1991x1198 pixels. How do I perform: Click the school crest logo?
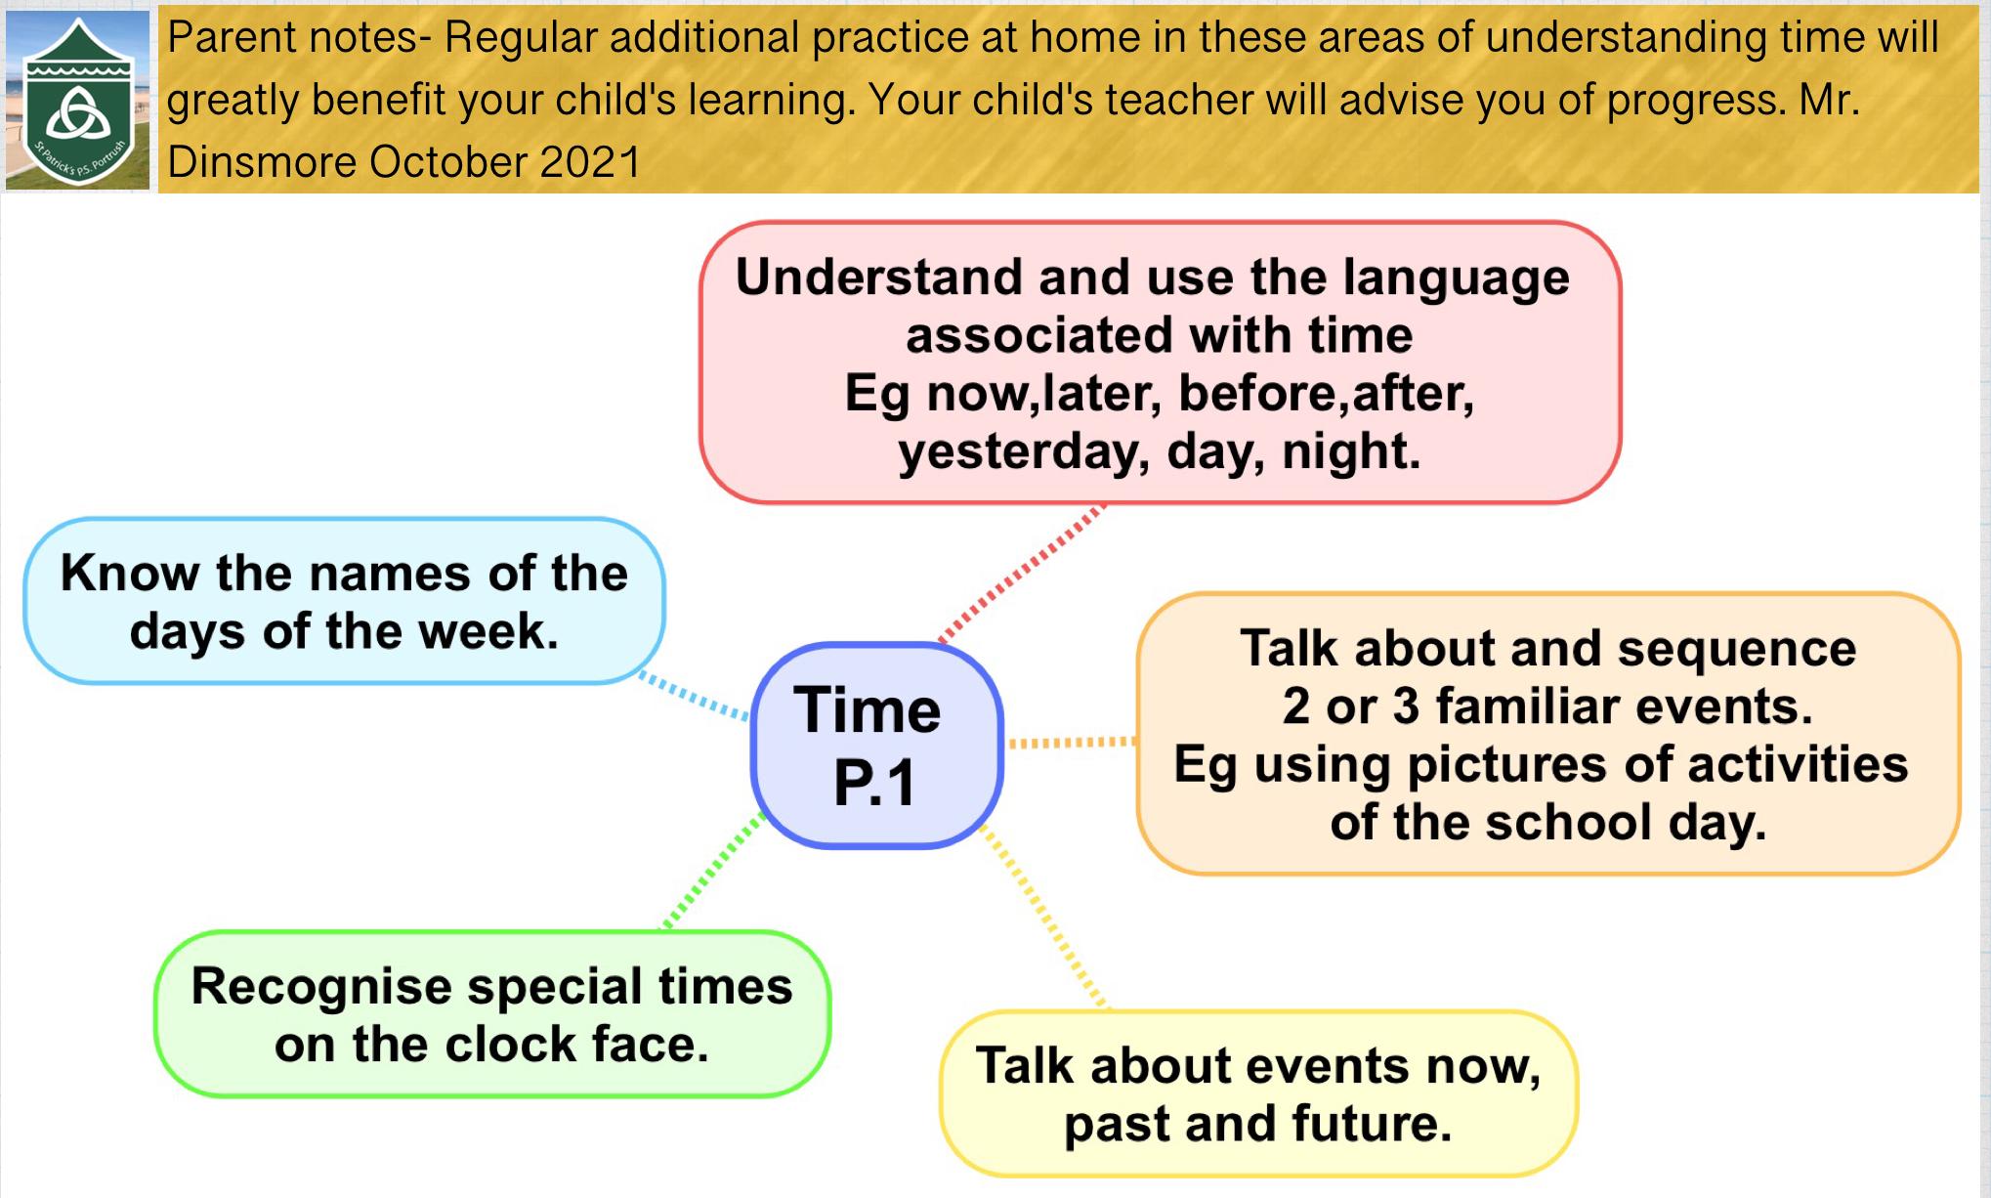tap(78, 100)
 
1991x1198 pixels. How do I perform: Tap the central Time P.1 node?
tap(876, 745)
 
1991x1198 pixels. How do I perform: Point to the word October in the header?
tap(448, 162)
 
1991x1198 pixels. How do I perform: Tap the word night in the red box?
tap(1351, 451)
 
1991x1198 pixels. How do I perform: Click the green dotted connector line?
tap(714, 870)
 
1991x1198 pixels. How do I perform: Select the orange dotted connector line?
tap(1072, 743)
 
